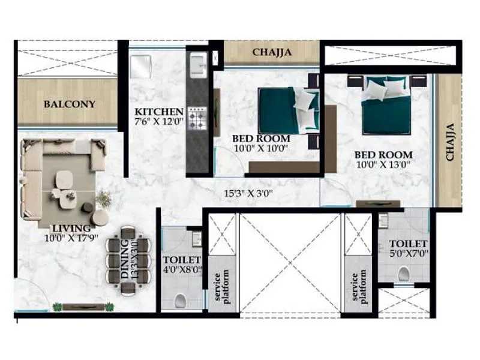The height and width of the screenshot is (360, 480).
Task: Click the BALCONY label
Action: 70,104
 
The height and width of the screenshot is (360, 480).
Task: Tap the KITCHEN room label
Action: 158,112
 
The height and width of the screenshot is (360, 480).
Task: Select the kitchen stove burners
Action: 197,118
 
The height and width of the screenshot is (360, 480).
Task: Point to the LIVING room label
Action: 71,228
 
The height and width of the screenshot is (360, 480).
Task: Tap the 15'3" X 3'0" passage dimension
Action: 248,193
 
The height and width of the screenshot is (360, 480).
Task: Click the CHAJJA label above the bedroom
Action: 272,52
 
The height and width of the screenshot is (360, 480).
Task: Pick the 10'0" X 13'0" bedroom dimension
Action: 383,164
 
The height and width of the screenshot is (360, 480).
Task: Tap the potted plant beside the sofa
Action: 103,199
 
